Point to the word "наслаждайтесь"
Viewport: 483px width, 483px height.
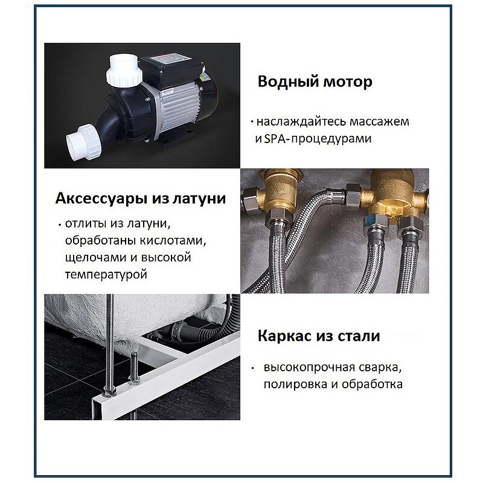[x=290, y=121]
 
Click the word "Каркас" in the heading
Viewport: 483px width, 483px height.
[x=283, y=336]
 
